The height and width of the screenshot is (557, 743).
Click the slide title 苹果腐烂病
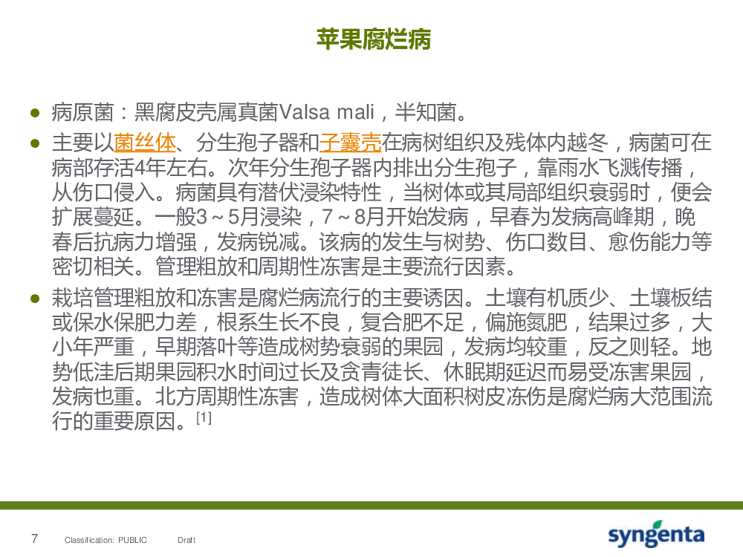(x=374, y=39)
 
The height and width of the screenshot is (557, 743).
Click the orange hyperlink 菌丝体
(x=145, y=142)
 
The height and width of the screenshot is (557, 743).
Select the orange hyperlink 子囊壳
(x=350, y=142)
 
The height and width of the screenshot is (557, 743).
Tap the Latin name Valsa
(x=304, y=112)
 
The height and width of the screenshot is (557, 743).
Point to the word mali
(x=355, y=112)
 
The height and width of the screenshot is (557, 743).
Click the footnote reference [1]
(x=204, y=417)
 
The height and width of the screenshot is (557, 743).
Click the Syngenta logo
(x=656, y=534)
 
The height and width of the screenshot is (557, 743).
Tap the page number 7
(x=34, y=538)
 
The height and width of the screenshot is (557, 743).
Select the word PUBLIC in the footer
(x=133, y=540)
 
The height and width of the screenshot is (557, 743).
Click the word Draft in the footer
(x=186, y=540)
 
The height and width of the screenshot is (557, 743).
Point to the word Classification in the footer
(x=89, y=540)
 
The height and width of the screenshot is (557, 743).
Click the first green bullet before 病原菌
(x=35, y=113)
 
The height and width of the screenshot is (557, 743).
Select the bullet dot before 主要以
(x=35, y=143)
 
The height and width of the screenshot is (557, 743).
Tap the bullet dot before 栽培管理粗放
(x=35, y=298)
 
